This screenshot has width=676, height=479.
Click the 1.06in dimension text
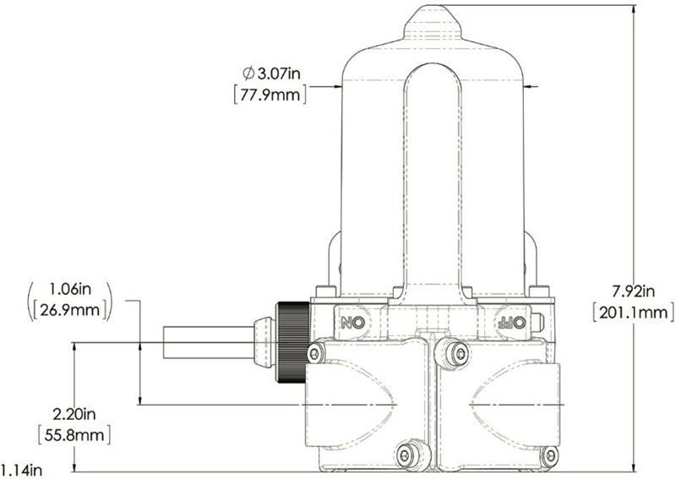tap(70, 288)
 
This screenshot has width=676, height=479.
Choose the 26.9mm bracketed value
tap(70, 309)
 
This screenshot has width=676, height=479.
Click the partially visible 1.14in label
tap(22, 470)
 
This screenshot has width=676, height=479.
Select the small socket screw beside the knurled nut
tap(319, 352)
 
